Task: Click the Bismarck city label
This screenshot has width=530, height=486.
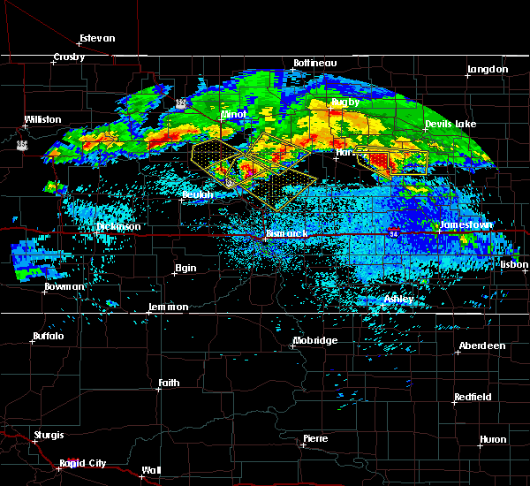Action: point(286,233)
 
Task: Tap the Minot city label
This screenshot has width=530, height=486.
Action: point(233,115)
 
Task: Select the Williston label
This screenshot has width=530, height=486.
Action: point(43,119)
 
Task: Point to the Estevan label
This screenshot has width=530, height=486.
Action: point(97,39)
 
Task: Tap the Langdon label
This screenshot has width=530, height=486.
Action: point(488,69)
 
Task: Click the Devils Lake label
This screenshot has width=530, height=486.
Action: point(450,125)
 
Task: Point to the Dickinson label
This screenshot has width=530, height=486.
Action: point(118,227)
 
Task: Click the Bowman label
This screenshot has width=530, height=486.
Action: point(65,287)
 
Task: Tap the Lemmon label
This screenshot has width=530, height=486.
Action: point(168,307)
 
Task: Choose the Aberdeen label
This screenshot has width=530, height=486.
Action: point(482,346)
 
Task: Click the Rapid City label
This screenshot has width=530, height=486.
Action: point(83,464)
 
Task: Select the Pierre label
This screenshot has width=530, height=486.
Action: point(315,438)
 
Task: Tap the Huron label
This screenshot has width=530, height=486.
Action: point(493,439)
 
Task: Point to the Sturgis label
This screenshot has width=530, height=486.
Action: point(49,435)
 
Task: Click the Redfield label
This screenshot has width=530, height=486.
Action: point(473,398)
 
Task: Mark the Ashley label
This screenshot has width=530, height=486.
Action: point(398,299)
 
